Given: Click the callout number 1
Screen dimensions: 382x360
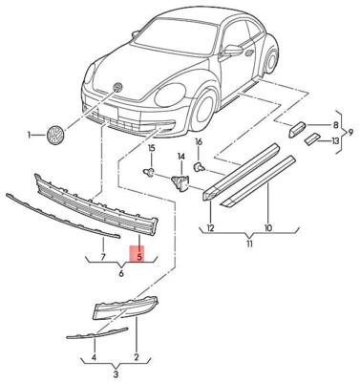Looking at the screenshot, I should point(30,135).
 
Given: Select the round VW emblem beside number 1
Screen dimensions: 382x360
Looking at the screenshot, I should point(53,135).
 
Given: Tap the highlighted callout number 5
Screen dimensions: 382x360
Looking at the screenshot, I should point(139,256).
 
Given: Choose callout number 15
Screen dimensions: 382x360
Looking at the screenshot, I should point(151,150).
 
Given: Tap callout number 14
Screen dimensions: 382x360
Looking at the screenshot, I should point(180,155).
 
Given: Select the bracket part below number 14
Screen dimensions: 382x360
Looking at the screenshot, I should point(179,179).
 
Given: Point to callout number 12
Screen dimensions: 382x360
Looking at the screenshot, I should point(211,228).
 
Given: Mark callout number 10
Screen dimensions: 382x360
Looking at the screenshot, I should point(267,228).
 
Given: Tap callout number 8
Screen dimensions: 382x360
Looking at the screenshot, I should point(335,125).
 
